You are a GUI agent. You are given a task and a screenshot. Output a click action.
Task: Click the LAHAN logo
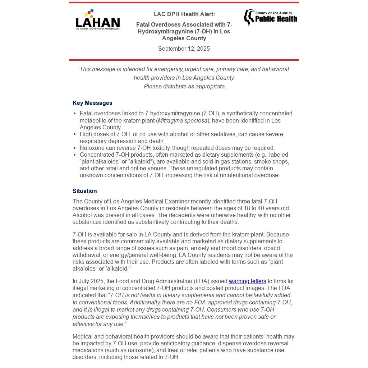pos(97,20)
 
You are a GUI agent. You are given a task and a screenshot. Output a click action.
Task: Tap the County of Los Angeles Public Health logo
pos(270,17)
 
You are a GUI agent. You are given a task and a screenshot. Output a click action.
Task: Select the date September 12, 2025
pos(184,49)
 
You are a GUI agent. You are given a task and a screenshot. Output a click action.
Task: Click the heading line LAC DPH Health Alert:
pos(184,14)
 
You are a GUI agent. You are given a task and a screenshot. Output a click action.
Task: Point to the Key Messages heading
pos(92,103)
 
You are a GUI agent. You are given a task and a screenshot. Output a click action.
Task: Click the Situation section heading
pos(85,191)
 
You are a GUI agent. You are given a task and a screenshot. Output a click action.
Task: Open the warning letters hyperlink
pos(247,281)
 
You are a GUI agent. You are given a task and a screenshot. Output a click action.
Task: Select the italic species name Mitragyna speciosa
pos(183,121)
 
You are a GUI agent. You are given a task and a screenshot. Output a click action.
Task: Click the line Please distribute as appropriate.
pos(185,87)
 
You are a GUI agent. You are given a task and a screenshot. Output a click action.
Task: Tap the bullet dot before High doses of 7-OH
pos(75,134)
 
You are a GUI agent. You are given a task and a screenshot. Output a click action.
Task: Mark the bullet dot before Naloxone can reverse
pos(75,148)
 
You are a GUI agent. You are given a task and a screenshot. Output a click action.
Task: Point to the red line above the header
pos(184,3)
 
